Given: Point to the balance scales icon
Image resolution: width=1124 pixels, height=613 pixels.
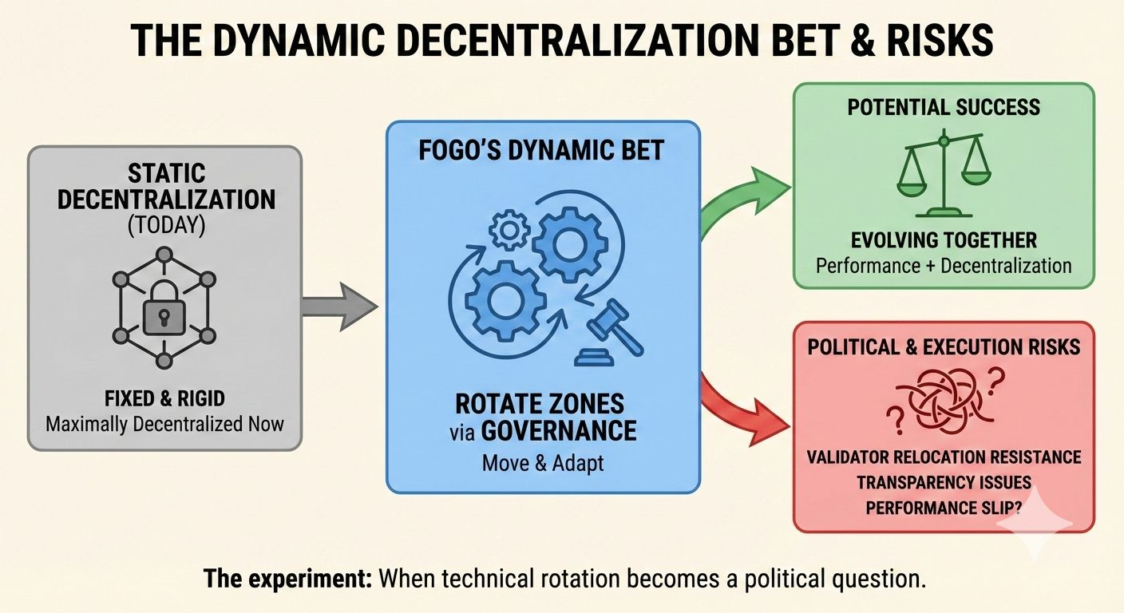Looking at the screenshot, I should coord(944,176).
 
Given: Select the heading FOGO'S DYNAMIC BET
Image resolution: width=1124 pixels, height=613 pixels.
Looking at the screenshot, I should coord(542,151).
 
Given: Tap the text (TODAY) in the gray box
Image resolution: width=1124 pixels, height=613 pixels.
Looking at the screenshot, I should coord(165,226).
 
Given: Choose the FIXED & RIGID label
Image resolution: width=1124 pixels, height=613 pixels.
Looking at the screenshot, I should coord(165,397).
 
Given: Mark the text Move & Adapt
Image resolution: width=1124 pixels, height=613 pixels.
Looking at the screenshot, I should coord(543,463).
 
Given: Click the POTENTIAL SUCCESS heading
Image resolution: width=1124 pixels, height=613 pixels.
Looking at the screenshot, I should coord(944,107).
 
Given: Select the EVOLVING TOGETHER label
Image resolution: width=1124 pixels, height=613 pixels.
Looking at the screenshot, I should coord(944,240).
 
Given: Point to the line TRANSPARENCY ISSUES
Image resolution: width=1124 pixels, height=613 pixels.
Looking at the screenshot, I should coord(944,482).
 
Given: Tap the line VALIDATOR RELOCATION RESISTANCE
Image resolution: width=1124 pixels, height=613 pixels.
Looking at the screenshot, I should coord(944,457).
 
